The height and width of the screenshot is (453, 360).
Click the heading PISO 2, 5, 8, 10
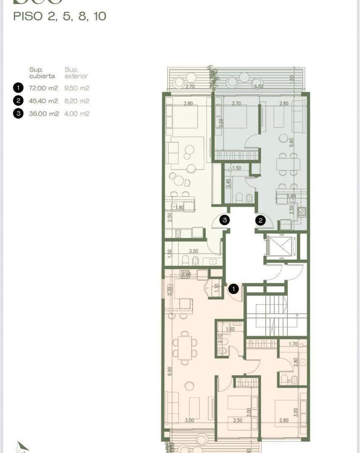pos(60,17)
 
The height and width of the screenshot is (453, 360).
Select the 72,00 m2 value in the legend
pos(43,88)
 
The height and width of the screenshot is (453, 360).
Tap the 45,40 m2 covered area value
pos(43,101)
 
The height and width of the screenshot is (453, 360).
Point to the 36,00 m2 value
pos(43,114)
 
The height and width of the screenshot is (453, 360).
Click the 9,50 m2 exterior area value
pos(77,88)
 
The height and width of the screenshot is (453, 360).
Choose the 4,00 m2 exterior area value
pos(77,114)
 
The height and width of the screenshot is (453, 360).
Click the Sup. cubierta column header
pos(42,73)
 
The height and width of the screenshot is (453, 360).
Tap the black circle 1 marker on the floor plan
pos(234,288)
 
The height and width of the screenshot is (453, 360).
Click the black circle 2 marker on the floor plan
pos(260,220)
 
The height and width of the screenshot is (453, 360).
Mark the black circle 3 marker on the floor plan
pos(224,220)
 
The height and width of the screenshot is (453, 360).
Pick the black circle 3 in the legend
pos(18,114)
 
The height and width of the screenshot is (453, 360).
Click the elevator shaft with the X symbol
pos(280,247)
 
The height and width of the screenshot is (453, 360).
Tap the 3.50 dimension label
pos(193,251)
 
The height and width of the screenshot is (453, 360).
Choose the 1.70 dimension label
pos(293,344)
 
